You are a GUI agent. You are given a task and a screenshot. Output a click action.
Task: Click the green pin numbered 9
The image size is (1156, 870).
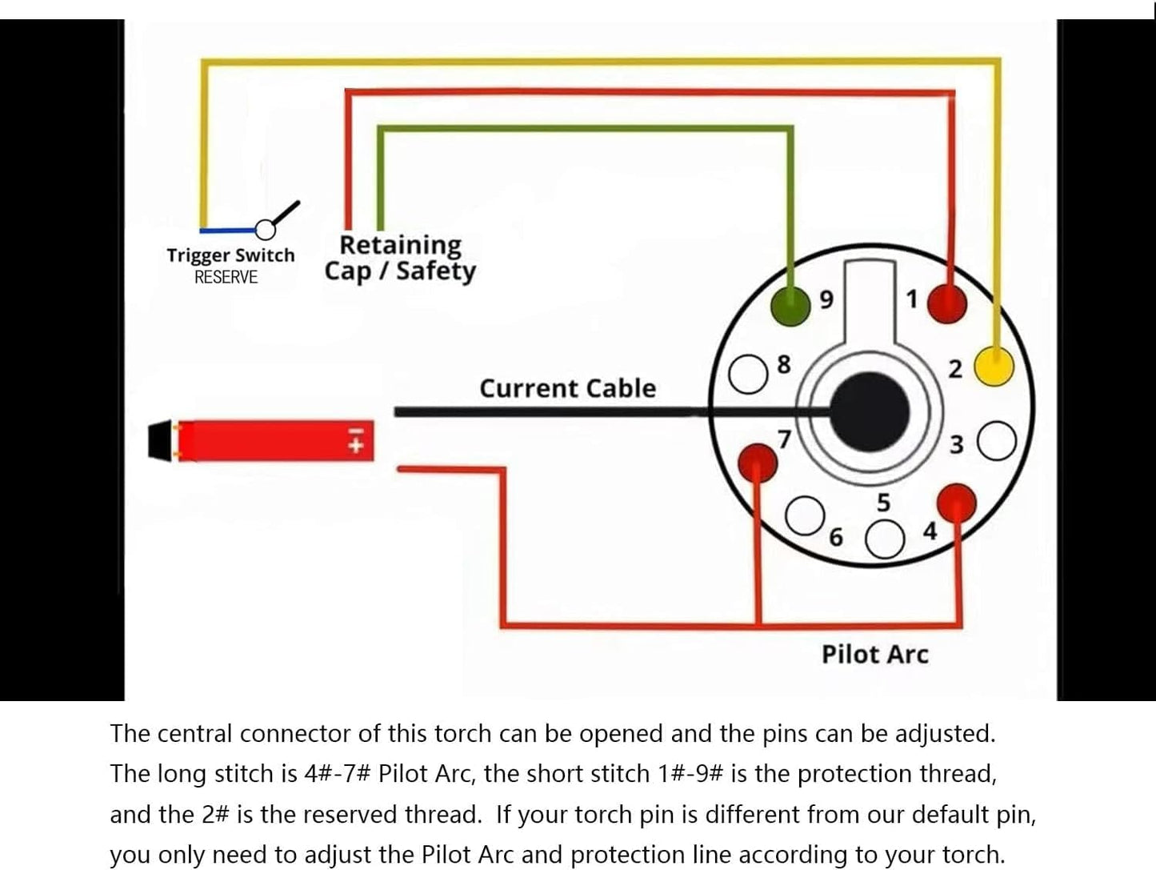tap(790, 304)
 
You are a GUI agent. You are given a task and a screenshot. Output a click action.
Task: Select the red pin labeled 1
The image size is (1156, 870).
tap(947, 303)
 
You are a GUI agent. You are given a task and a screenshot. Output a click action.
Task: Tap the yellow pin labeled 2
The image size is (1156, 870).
tap(994, 367)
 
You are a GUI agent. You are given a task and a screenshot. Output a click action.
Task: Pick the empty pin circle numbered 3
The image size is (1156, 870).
tap(996, 441)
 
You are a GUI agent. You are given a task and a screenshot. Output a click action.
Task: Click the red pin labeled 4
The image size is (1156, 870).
tap(956, 503)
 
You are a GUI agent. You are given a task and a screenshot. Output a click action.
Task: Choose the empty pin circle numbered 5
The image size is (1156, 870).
tap(885, 539)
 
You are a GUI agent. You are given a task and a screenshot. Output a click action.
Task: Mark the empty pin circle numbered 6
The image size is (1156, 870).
tap(806, 515)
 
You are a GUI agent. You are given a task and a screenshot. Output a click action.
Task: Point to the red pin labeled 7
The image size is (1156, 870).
tap(757, 462)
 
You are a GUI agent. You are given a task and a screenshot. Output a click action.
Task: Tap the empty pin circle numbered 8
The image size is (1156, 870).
tap(749, 375)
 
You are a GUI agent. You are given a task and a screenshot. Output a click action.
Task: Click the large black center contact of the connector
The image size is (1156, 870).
tap(870, 411)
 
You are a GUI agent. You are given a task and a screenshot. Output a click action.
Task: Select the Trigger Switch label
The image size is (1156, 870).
tap(230, 255)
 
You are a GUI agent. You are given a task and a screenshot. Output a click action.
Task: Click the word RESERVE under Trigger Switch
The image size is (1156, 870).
tap(226, 278)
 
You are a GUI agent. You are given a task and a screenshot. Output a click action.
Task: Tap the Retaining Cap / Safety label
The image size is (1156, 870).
tap(400, 258)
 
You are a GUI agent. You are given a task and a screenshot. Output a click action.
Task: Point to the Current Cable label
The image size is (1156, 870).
tap(567, 388)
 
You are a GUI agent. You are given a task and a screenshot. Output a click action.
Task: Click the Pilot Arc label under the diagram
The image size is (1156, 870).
tap(874, 654)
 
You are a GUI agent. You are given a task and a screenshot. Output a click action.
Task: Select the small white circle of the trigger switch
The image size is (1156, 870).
tap(265, 230)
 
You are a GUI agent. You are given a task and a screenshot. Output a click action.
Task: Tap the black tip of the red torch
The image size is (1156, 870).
tap(162, 440)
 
